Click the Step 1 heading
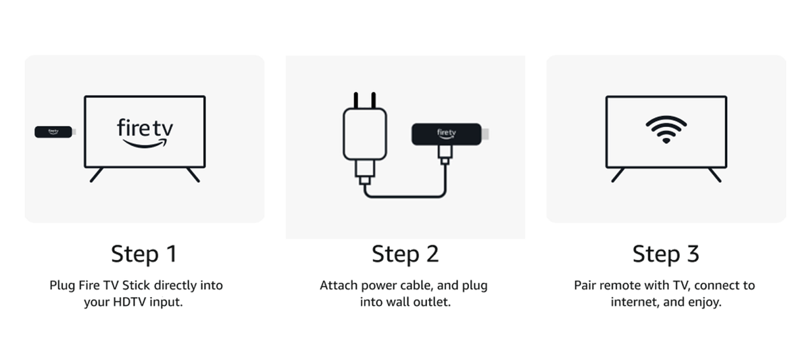click(144, 254)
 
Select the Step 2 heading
click(405, 254)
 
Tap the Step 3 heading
click(666, 254)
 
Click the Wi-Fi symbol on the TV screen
click(666, 130)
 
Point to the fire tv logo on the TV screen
click(145, 133)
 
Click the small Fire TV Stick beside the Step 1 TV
click(55, 132)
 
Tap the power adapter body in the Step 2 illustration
click(364, 134)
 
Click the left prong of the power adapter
click(356, 100)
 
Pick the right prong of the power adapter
click(374, 100)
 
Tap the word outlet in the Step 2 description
click(437, 302)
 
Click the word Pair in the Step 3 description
click(585, 286)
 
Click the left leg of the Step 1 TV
click(96, 175)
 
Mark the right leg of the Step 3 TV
click(715, 175)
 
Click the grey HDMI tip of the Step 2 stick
click(485, 134)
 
